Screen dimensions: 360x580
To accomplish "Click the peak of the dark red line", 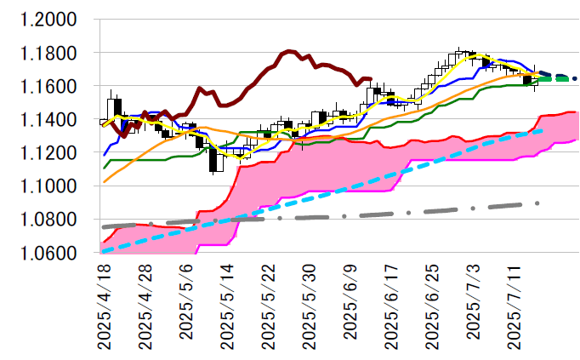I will pyautogui.click(x=288, y=51).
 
